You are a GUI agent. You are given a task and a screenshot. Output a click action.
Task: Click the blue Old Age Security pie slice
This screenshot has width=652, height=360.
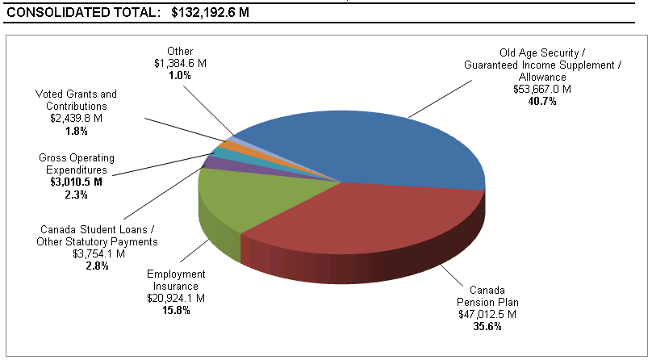tap(379, 145)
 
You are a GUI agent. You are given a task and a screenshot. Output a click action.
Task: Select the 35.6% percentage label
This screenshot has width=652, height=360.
tap(487, 326)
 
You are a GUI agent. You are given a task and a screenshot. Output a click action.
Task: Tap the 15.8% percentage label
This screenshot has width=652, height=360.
tap(176, 310)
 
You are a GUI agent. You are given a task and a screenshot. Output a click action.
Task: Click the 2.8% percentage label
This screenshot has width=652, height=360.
tap(97, 266)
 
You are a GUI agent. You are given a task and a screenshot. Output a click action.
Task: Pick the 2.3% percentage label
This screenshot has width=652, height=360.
tap(77, 194)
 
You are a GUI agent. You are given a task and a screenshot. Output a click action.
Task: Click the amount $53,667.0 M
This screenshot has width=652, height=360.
tap(541, 89)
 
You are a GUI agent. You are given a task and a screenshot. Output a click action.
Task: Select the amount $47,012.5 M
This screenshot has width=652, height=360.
tap(487, 314)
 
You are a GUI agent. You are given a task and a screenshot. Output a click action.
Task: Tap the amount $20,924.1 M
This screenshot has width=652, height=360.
tap(176, 298)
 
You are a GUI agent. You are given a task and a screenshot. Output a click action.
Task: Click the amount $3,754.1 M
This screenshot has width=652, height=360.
tap(98, 253)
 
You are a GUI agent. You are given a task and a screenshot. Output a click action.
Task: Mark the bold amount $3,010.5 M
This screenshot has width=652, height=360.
tap(77, 182)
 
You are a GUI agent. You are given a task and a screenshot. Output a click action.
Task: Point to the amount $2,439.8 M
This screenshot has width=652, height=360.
tap(76, 117)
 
